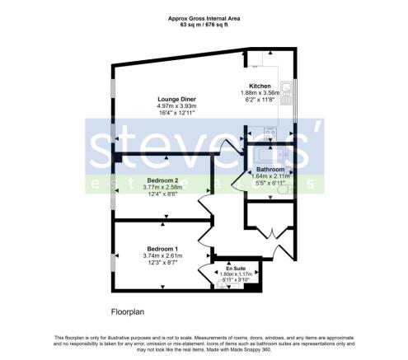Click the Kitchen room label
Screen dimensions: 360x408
(x=261, y=86)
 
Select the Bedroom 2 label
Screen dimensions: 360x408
(x=163, y=180)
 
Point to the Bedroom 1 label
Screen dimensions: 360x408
(x=162, y=249)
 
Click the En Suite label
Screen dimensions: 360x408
(x=235, y=269)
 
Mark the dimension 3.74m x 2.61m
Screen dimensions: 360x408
(x=162, y=255)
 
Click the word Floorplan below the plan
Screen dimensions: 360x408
(x=130, y=312)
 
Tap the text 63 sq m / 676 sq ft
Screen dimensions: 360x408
(x=203, y=24)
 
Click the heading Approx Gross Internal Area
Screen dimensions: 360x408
(x=203, y=17)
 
